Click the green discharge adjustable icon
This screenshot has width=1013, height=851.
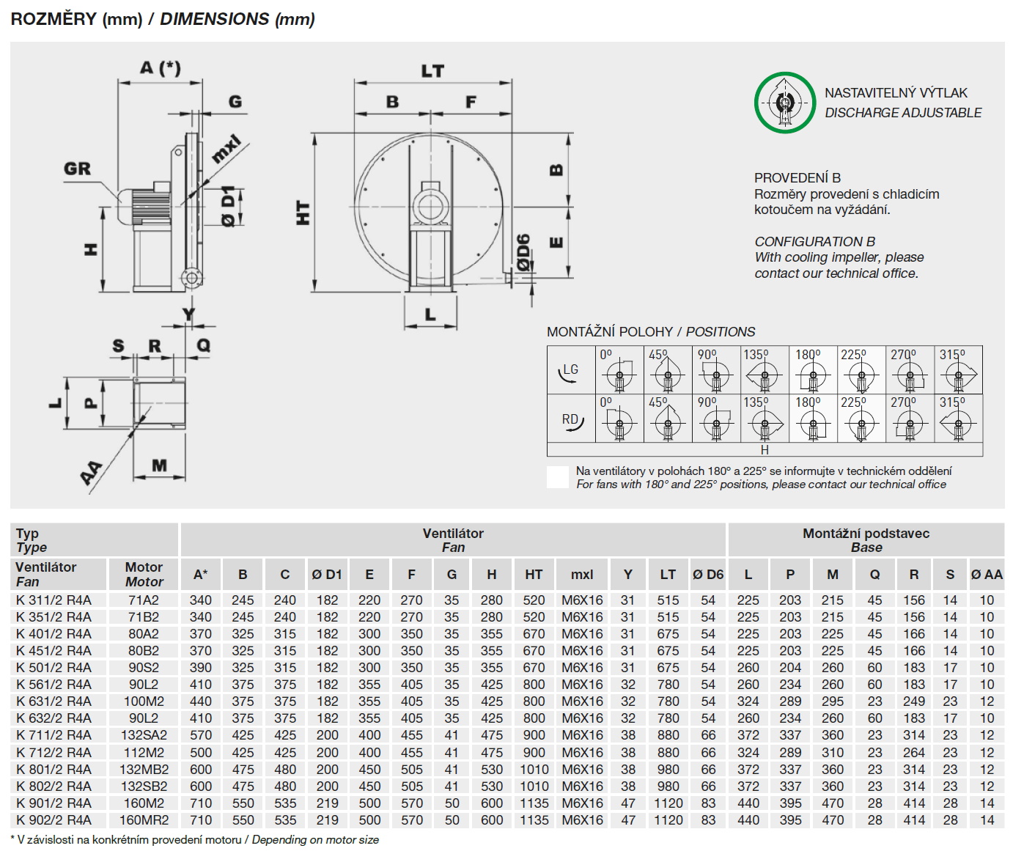pos(784,103)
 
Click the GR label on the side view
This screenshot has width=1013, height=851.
pos(77,169)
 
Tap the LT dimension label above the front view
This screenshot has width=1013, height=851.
pos(432,71)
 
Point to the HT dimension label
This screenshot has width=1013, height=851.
pos(303,213)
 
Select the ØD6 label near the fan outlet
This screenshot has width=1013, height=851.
pos(523,252)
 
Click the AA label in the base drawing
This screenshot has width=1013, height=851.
pos(92,473)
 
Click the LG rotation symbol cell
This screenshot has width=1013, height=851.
pos(570,371)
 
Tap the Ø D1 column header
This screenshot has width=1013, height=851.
pos(327,575)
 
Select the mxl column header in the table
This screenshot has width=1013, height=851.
pos(582,575)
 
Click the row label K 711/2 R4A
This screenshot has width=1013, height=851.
pos(54,735)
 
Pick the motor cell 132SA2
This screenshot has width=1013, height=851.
pos(144,735)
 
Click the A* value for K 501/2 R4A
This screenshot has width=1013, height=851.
pos(200,668)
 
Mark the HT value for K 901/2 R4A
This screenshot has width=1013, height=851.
pos(534,803)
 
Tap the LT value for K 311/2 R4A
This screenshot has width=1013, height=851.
pos(668,600)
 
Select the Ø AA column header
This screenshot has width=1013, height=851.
pos(987,575)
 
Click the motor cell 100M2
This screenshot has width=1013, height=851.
pos(144,701)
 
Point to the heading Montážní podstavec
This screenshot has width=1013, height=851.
pos(866,534)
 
